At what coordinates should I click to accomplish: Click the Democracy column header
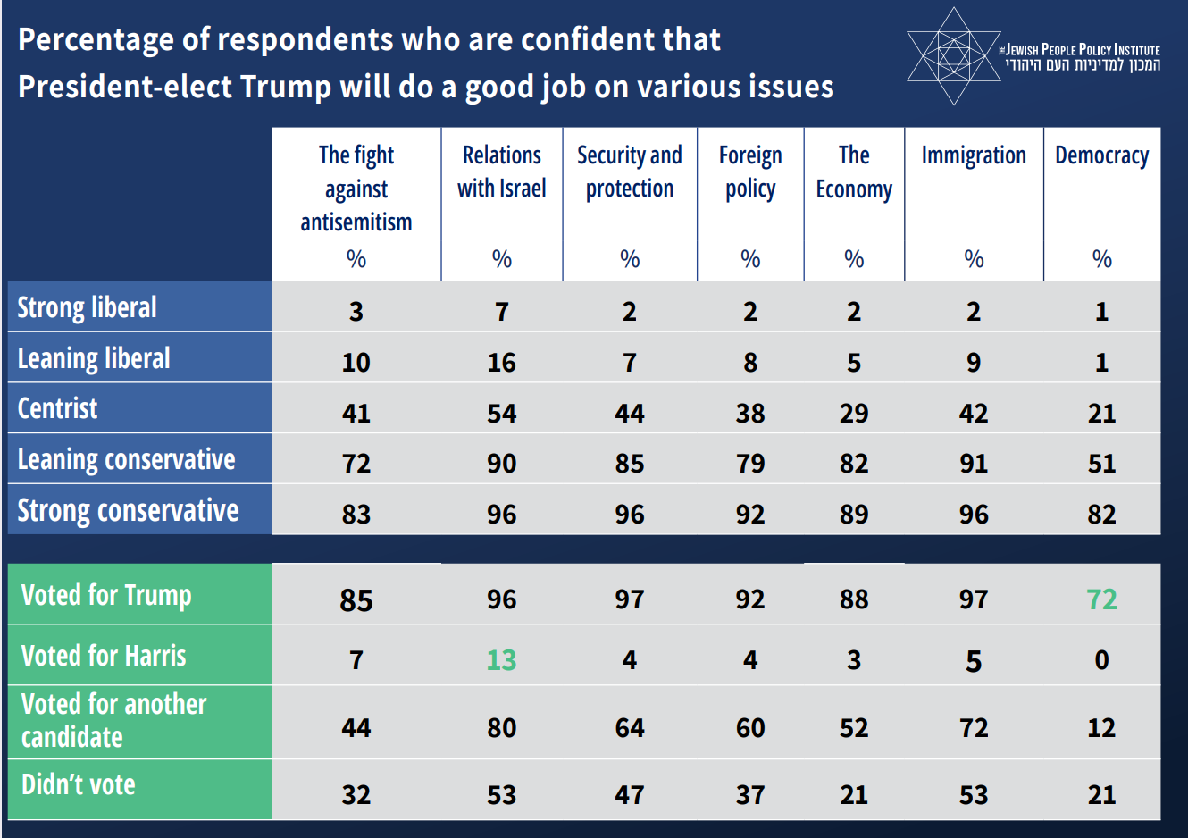[1101, 155]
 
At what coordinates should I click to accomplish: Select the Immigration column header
[974, 155]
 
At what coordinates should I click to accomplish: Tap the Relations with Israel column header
[501, 172]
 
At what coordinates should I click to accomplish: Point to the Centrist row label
[58, 408]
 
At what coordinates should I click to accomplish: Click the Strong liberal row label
[88, 307]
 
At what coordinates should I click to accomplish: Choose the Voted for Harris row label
[104, 656]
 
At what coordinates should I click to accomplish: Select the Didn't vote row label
[79, 784]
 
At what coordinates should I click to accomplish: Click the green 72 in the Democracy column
[1101, 599]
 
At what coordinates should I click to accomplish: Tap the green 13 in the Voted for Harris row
[501, 660]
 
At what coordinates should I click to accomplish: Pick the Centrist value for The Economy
[854, 413]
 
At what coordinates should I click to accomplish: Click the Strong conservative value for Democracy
[1101, 515]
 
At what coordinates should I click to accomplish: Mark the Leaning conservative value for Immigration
[974, 464]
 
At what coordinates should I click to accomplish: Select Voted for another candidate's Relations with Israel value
[501, 728]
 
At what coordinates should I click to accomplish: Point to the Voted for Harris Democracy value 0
[1101, 660]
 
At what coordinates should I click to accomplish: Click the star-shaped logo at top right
[953, 56]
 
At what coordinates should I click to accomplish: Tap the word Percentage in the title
[96, 40]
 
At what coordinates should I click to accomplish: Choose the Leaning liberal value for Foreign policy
[750, 363]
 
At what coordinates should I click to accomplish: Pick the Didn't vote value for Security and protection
[630, 795]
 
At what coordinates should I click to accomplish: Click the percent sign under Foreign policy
[750, 259]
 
